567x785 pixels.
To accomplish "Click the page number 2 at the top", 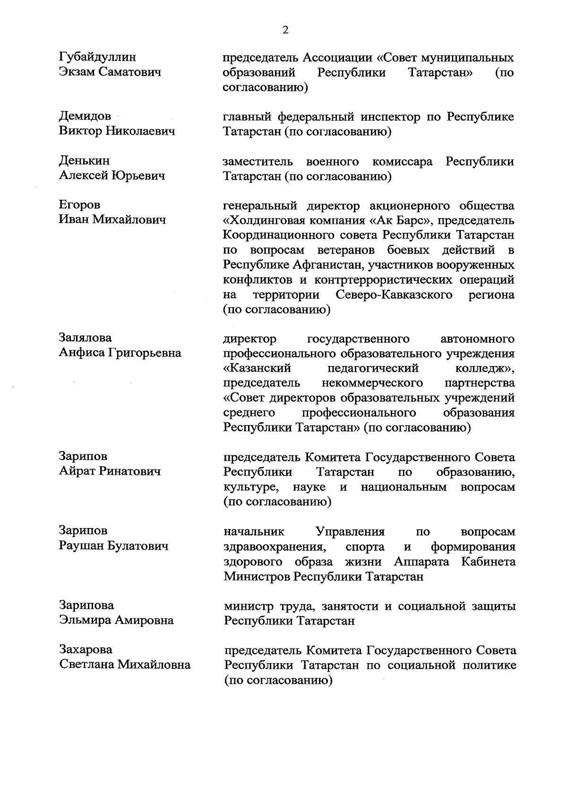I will (285, 31).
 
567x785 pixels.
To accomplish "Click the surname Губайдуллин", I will (97, 58).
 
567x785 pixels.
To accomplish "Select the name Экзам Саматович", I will (110, 72).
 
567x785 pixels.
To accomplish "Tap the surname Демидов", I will (85, 116).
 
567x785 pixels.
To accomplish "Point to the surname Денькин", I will (84, 161).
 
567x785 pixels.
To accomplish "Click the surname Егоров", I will (79, 205).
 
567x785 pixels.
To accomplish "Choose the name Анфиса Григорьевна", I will (120, 353).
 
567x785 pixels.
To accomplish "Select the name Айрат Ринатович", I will (110, 471).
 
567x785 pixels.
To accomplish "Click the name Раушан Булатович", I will (113, 546).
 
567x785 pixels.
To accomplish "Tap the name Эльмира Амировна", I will (116, 620).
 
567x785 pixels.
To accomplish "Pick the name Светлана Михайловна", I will (125, 665).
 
